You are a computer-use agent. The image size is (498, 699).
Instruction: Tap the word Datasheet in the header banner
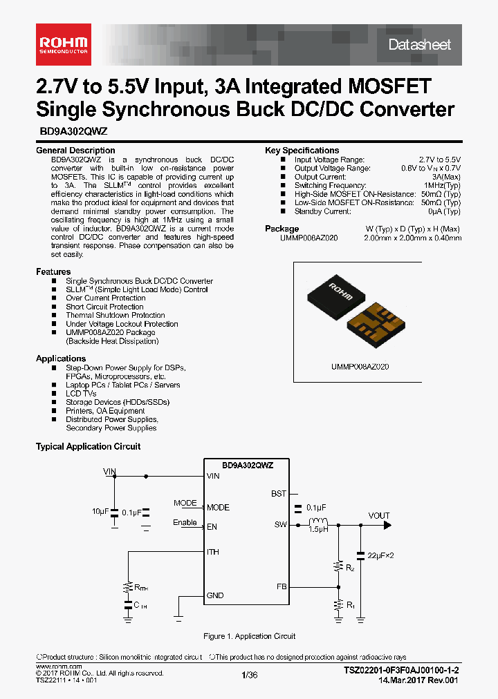(x=419, y=45)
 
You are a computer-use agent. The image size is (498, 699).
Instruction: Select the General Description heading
(x=75, y=151)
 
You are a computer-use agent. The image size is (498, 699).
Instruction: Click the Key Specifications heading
(x=302, y=151)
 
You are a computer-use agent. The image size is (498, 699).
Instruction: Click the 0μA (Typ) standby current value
(x=443, y=211)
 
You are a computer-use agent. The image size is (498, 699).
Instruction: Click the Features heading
(x=53, y=272)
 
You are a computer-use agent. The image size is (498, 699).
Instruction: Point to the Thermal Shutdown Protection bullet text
(x=115, y=316)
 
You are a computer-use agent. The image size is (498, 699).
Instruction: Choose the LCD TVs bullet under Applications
(x=81, y=394)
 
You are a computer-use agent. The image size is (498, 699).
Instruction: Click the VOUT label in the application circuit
(x=379, y=515)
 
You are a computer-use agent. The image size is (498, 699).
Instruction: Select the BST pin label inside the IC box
(x=279, y=494)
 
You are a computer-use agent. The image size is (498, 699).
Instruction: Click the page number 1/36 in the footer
(x=249, y=675)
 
